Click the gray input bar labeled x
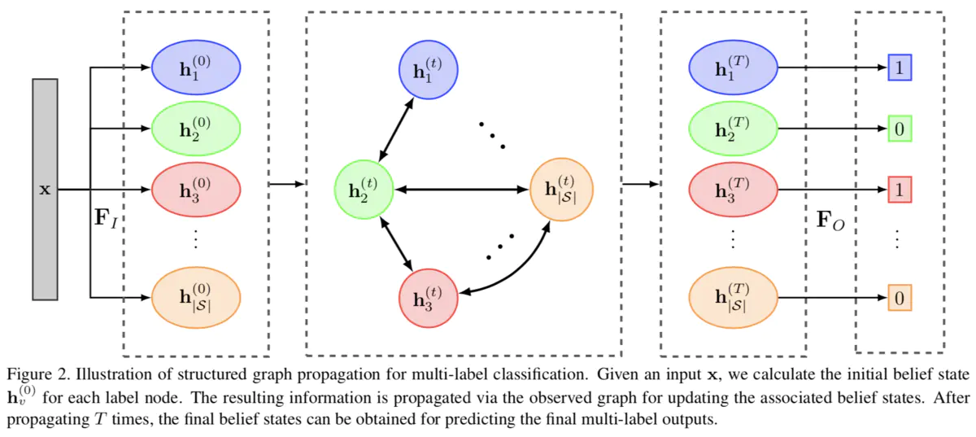click(45, 189)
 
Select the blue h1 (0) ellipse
click(196, 68)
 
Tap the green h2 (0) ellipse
click(196, 129)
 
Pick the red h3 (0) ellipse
click(196, 190)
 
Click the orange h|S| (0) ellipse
click(196, 298)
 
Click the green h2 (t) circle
click(364, 190)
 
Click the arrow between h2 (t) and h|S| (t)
click(461, 190)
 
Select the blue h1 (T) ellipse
click(733, 68)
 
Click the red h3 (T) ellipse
click(733, 190)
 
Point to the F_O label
click(830, 220)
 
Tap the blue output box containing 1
click(899, 68)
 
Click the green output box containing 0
click(899, 129)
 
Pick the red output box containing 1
click(899, 190)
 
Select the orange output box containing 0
click(899, 298)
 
